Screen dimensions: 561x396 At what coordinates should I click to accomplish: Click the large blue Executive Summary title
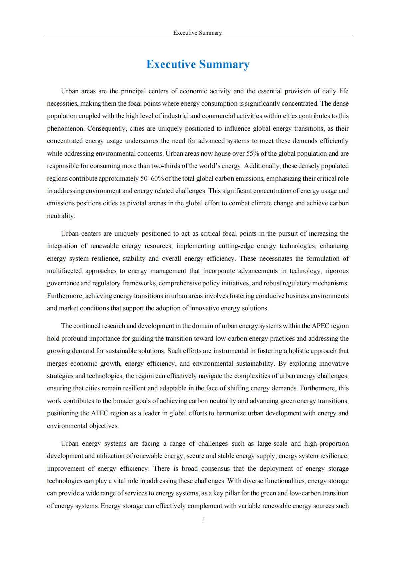click(198, 64)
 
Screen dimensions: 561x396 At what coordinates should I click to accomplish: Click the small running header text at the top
click(197, 33)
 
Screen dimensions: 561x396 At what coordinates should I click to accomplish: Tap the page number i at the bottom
click(204, 519)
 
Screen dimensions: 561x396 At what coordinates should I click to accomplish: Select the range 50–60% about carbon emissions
click(152, 178)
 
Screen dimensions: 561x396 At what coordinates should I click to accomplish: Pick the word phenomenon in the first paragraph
click(65, 128)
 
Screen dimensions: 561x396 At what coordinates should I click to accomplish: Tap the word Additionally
click(263, 166)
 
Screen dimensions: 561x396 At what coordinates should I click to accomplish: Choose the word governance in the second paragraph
click(63, 283)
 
